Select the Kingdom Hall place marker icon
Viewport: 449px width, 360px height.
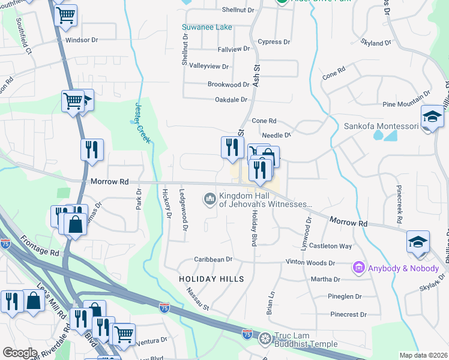[x=210, y=198]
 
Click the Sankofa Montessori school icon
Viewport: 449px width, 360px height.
[x=432, y=117]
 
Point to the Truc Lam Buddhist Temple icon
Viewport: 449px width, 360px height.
[x=264, y=340]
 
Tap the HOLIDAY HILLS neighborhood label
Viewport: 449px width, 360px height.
[x=211, y=279]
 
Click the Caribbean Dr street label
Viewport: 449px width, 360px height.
[x=212, y=259]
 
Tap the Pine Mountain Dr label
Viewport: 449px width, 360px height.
[x=406, y=99]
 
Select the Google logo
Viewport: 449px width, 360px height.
[x=20, y=353]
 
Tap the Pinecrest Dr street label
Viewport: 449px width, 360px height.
[x=348, y=314]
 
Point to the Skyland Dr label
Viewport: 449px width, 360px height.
[x=376, y=43]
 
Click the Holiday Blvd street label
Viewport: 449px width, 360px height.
[x=254, y=227]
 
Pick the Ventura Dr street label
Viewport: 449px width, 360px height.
[x=151, y=342]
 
